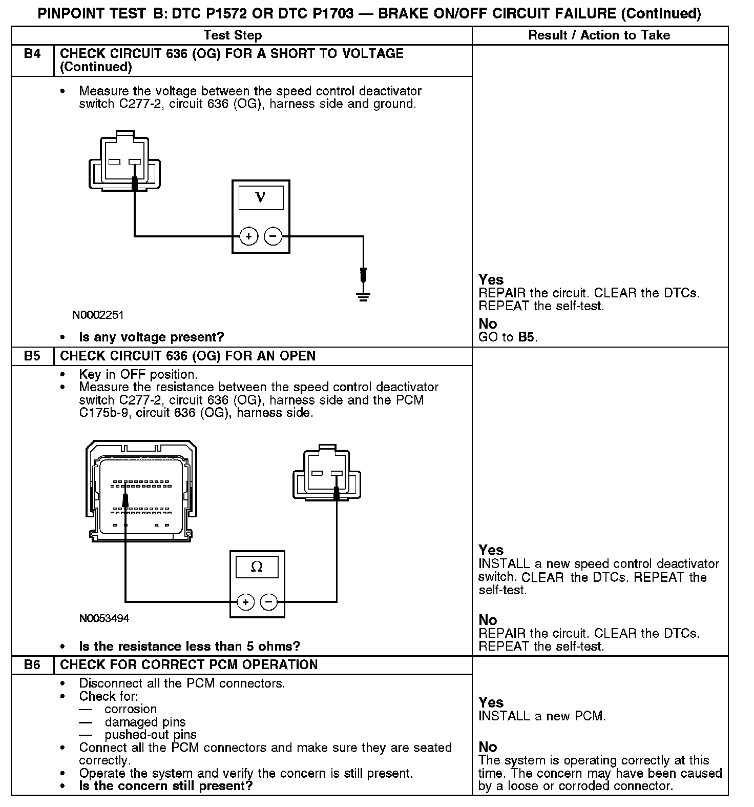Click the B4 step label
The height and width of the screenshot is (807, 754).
(x=32, y=54)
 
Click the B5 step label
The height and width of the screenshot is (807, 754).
(x=32, y=356)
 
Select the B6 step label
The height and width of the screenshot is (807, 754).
(x=32, y=665)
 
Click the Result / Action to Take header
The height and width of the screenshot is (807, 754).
(x=599, y=35)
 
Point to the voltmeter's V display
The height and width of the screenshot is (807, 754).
(x=261, y=197)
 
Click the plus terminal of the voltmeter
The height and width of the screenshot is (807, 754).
(x=248, y=236)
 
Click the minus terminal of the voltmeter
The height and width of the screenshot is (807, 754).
(x=273, y=236)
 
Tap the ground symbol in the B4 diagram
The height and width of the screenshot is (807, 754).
(x=363, y=296)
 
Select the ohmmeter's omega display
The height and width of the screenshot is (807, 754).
(x=257, y=567)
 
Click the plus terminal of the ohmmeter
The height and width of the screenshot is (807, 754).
(x=245, y=602)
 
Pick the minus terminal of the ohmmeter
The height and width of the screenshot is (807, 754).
(x=269, y=602)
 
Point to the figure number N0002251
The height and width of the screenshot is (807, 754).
(x=98, y=314)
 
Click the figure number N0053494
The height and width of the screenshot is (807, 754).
(x=104, y=618)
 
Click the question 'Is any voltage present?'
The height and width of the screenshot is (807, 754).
(x=152, y=337)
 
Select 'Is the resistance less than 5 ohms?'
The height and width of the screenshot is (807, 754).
(x=190, y=646)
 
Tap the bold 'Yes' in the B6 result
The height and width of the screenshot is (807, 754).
(x=491, y=702)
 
